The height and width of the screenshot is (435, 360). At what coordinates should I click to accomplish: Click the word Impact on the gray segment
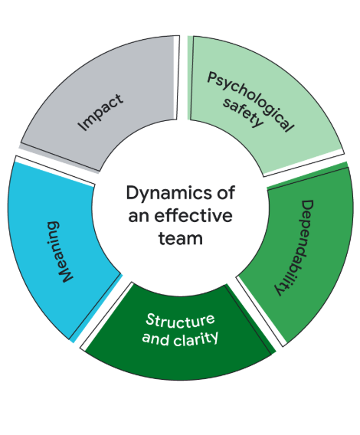(100, 113)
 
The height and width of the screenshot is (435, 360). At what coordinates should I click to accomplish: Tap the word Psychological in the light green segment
(250, 102)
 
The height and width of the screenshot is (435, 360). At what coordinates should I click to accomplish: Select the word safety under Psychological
(243, 113)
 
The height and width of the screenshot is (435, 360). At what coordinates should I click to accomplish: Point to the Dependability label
(294, 247)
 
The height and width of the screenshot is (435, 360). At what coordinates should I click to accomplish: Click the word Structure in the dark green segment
(180, 319)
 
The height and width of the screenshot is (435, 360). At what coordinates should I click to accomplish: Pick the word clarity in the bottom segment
(195, 339)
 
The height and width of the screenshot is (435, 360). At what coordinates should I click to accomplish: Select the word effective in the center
(193, 215)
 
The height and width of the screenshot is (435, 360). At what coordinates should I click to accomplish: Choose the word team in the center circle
(181, 238)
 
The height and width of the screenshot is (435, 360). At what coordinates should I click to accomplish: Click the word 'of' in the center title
(226, 192)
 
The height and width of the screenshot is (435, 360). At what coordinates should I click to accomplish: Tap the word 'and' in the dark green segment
(155, 339)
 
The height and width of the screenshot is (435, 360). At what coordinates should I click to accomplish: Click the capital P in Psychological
(213, 77)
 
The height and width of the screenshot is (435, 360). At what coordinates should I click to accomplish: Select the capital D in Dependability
(307, 206)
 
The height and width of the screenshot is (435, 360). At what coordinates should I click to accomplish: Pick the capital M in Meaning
(66, 275)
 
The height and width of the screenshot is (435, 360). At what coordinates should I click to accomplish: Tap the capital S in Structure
(150, 319)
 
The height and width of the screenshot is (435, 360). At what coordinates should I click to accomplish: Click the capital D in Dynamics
(133, 192)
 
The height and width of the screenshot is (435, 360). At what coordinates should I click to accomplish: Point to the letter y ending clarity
(214, 339)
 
